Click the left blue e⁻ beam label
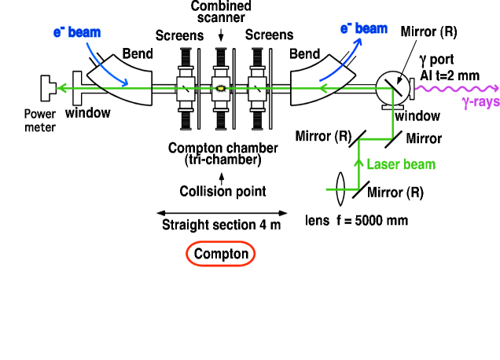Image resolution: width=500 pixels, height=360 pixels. [x=76, y=32]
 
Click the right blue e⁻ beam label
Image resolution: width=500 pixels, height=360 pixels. [x=363, y=28]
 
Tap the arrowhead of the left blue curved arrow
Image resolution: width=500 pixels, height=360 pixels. [x=124, y=83]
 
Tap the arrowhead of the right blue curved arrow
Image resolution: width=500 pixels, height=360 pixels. [x=358, y=42]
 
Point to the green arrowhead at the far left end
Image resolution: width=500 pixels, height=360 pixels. [x=61, y=88]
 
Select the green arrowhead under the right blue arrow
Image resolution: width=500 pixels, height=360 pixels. [x=322, y=89]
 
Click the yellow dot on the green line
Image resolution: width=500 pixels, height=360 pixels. [x=221, y=88]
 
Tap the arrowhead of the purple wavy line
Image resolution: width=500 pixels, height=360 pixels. [x=495, y=88]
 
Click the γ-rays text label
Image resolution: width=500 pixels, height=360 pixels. [x=480, y=102]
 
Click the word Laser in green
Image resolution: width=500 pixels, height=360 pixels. [x=383, y=164]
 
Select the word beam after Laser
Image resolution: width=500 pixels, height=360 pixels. [x=420, y=164]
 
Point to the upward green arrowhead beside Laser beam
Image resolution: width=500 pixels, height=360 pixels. [x=359, y=163]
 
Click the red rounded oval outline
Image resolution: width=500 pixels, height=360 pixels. [x=221, y=242]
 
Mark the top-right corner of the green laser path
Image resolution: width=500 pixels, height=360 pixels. [x=392, y=89]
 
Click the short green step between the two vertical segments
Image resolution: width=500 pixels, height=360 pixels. [x=376, y=139]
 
